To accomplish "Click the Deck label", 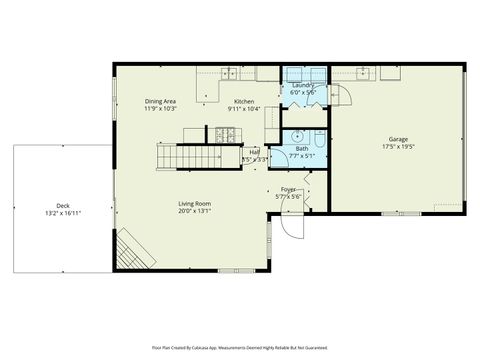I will click(63, 204).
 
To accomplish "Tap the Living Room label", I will click(194, 203).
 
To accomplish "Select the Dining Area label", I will click(160, 101).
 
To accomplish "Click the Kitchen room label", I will click(244, 101).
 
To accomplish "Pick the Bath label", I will click(301, 148).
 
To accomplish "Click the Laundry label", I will click(302, 85).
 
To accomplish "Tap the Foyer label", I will click(288, 189).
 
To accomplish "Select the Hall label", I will click(254, 152).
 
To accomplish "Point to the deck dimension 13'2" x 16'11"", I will click(63, 212).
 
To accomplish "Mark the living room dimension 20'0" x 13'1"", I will click(194, 211).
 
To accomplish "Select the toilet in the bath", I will click(319, 137).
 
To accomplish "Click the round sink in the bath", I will click(296, 137).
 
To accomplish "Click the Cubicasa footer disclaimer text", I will click(240, 347).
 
